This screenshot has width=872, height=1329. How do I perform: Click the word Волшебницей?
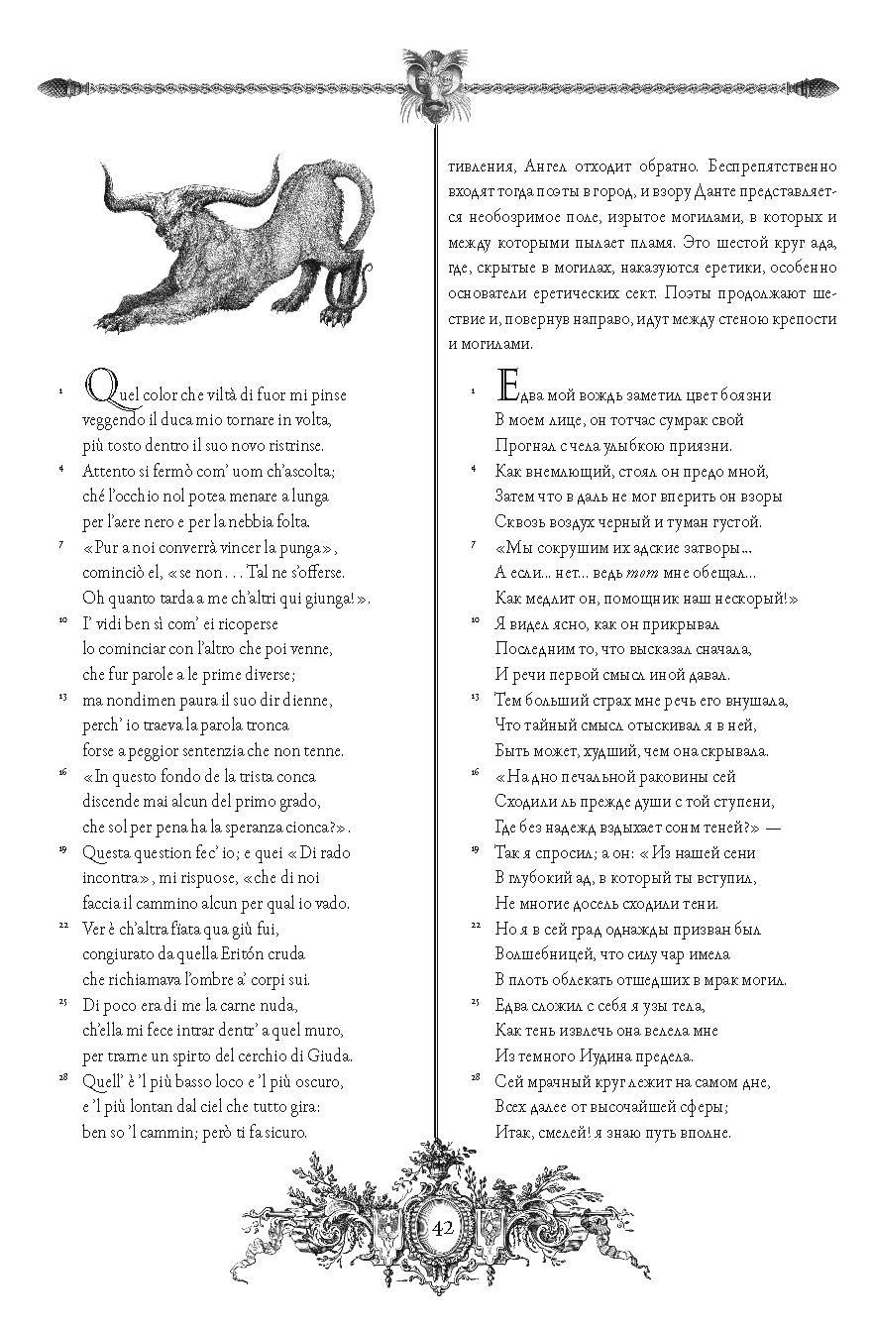coord(542,953)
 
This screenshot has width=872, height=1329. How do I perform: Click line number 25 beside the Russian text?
coord(476,1002)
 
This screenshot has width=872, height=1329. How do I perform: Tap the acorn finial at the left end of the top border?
coord(54,86)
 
